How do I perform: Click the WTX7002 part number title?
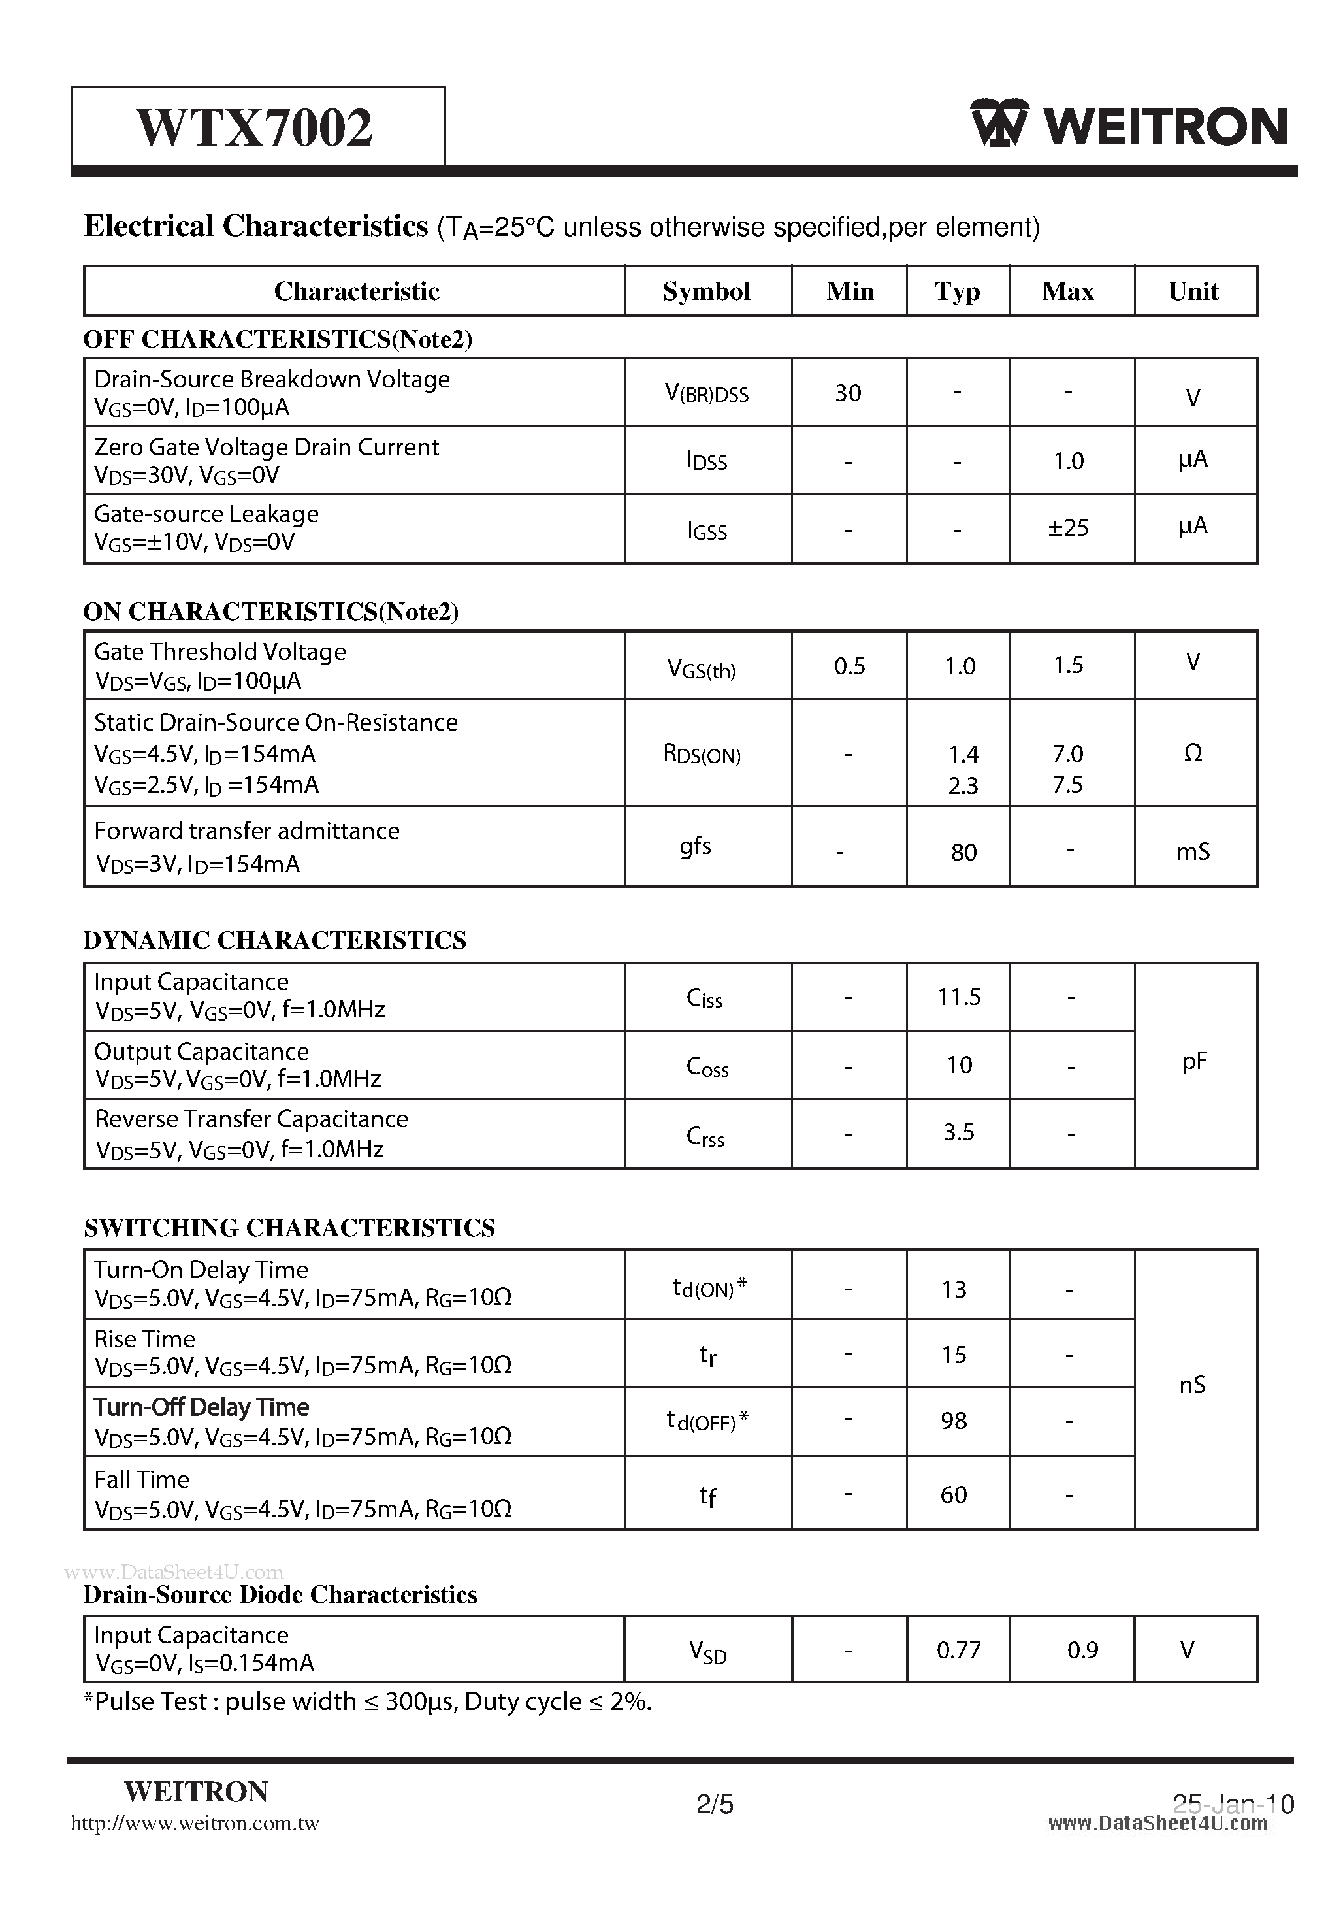pos(255,128)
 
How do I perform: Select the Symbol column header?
pos(706,291)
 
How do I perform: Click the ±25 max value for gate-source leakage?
pos(1067,528)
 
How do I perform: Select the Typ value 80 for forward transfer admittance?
pos(963,852)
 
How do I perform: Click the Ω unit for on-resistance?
pos(1192,752)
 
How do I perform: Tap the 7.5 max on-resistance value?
pos(1067,785)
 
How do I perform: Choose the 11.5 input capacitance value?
pos(959,996)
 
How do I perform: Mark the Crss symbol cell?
pos(705,1136)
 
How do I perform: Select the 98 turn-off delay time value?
pos(954,1421)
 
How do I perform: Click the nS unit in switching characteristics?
pos(1192,1385)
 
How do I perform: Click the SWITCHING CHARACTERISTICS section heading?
pos(289,1228)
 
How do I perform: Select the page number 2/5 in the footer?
pos(715,1804)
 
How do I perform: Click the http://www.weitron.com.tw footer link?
pos(195,1824)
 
